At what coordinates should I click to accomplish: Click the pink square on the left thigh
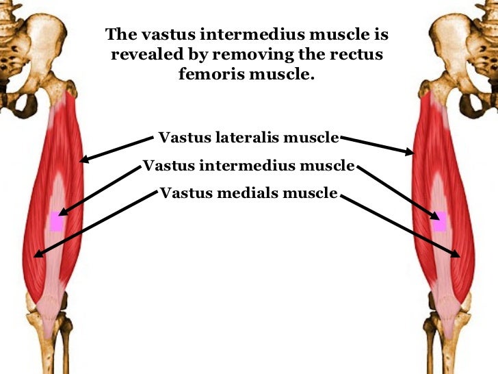click(56, 222)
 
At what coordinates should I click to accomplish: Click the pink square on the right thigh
click(438, 221)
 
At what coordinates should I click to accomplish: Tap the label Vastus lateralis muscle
click(248, 138)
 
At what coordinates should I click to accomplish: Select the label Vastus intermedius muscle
click(249, 166)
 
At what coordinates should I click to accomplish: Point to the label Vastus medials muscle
click(248, 193)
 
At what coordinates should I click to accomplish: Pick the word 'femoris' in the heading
click(211, 73)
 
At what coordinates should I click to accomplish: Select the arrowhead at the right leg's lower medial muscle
click(460, 254)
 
